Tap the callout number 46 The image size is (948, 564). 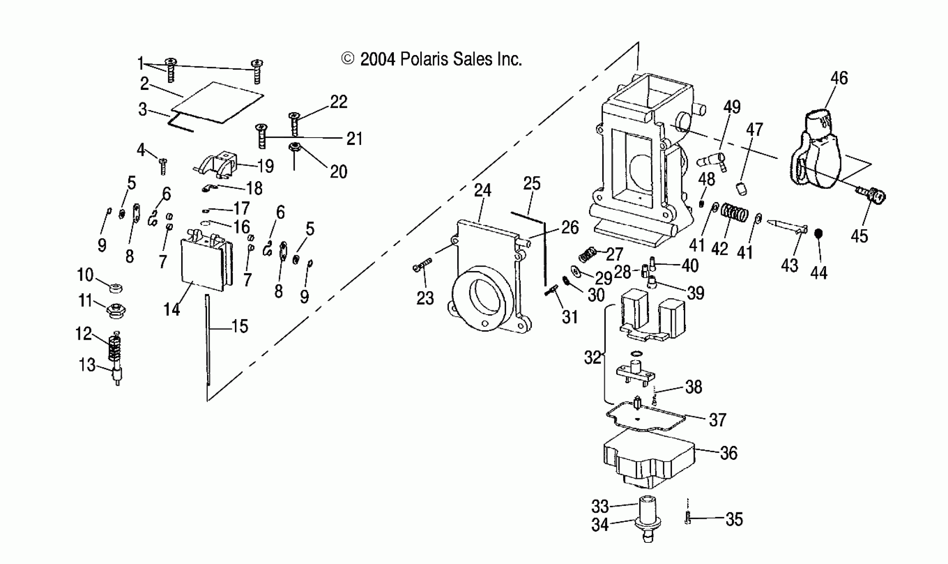click(839, 78)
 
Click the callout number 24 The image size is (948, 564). click(482, 190)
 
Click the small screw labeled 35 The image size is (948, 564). click(688, 519)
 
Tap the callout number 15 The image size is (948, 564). click(240, 326)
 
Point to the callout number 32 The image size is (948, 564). click(592, 358)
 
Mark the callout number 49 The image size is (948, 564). click(732, 107)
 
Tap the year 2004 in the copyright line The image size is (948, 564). click(378, 60)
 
